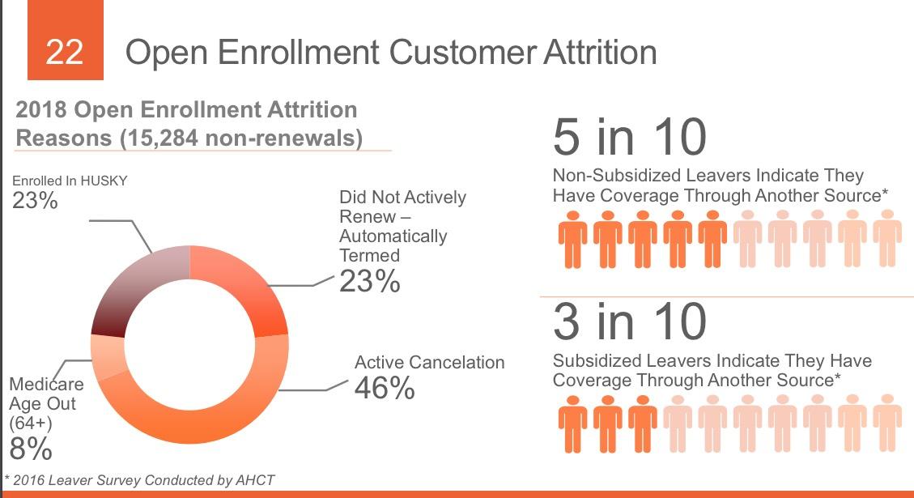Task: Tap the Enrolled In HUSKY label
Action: [70, 181]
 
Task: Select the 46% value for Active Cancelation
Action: [385, 388]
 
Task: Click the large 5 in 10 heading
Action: [629, 137]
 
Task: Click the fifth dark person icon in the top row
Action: [712, 239]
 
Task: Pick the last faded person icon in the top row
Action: [887, 239]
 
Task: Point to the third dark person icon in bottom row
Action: [643, 423]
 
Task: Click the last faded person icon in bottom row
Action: [887, 423]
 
